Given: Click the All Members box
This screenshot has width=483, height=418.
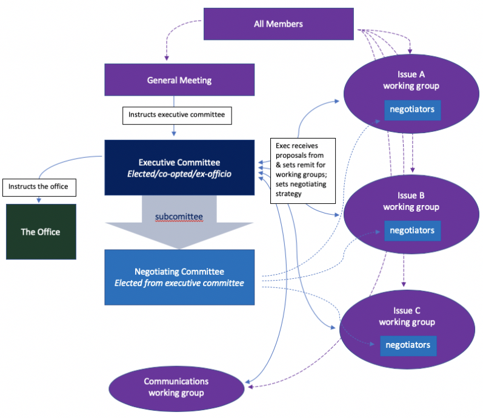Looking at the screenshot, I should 278,24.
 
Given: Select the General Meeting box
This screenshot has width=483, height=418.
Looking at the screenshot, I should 179,80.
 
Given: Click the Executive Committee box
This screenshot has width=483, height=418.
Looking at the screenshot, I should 179,168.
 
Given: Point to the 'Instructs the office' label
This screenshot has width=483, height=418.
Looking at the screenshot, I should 39,188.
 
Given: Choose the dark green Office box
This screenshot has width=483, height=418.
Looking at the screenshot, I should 41,232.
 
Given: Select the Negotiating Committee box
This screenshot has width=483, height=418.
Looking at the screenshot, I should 179,277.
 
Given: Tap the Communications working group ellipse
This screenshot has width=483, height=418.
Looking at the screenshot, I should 176,387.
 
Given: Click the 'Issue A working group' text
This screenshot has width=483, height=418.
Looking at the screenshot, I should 411,80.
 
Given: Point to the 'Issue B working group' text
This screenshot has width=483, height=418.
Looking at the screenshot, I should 411,201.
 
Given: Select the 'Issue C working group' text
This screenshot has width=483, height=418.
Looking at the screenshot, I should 407,316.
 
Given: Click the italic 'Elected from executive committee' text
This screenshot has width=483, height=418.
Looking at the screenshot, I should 179,283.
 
